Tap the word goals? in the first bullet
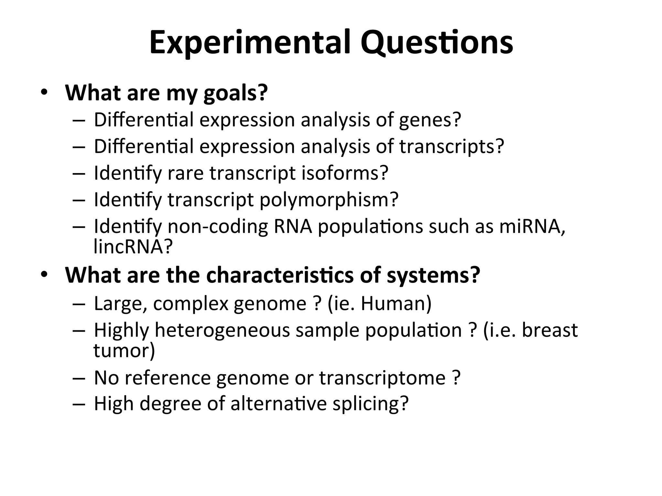point(236,93)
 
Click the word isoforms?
point(345,173)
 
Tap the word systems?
point(433,275)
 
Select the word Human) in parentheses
point(396,304)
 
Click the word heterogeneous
point(222,330)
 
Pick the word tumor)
point(124,351)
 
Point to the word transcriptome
point(382,378)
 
